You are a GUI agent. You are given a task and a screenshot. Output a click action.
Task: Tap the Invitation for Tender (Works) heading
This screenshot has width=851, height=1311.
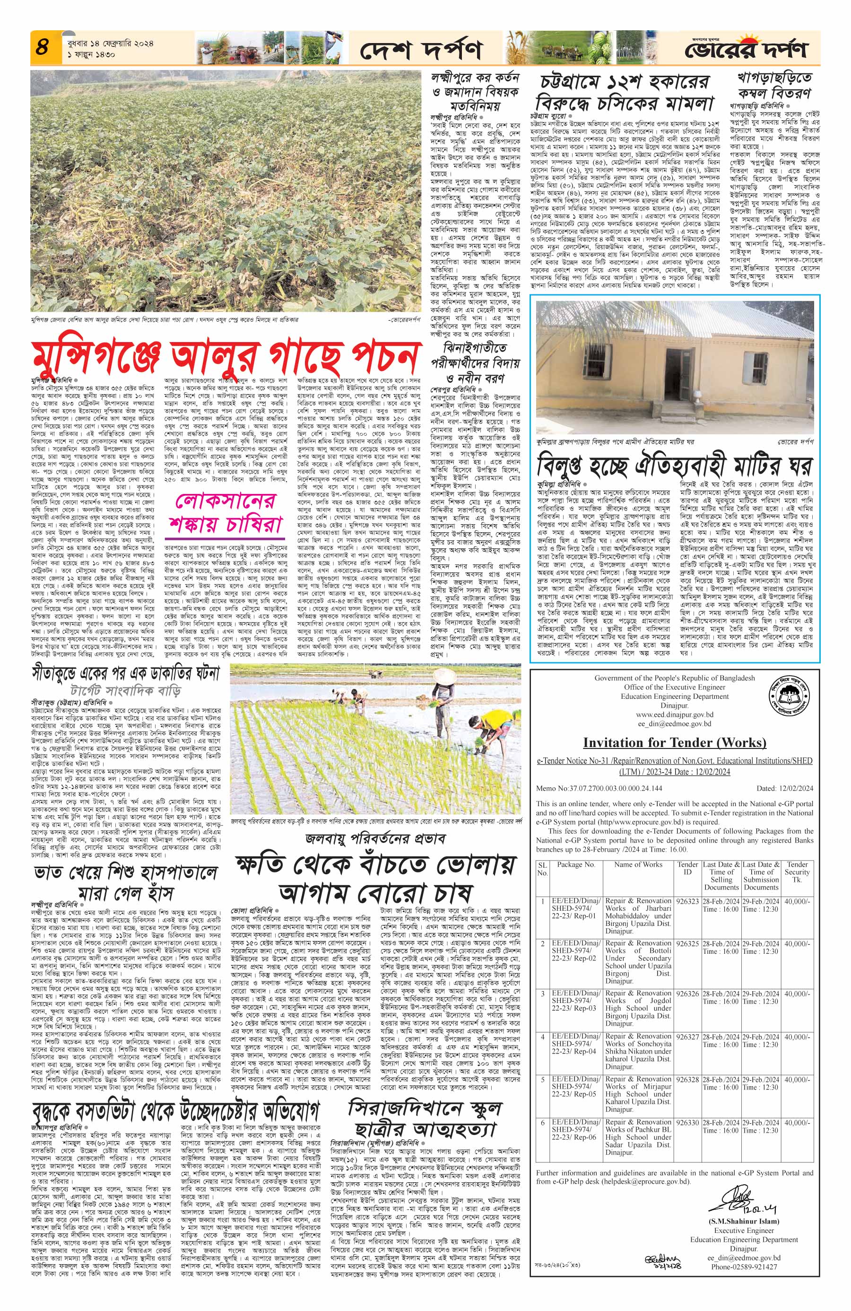674,742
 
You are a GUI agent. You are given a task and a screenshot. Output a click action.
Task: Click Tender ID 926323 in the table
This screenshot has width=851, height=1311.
687,901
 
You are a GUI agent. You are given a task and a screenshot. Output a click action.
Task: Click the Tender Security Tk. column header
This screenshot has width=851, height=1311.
797,871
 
